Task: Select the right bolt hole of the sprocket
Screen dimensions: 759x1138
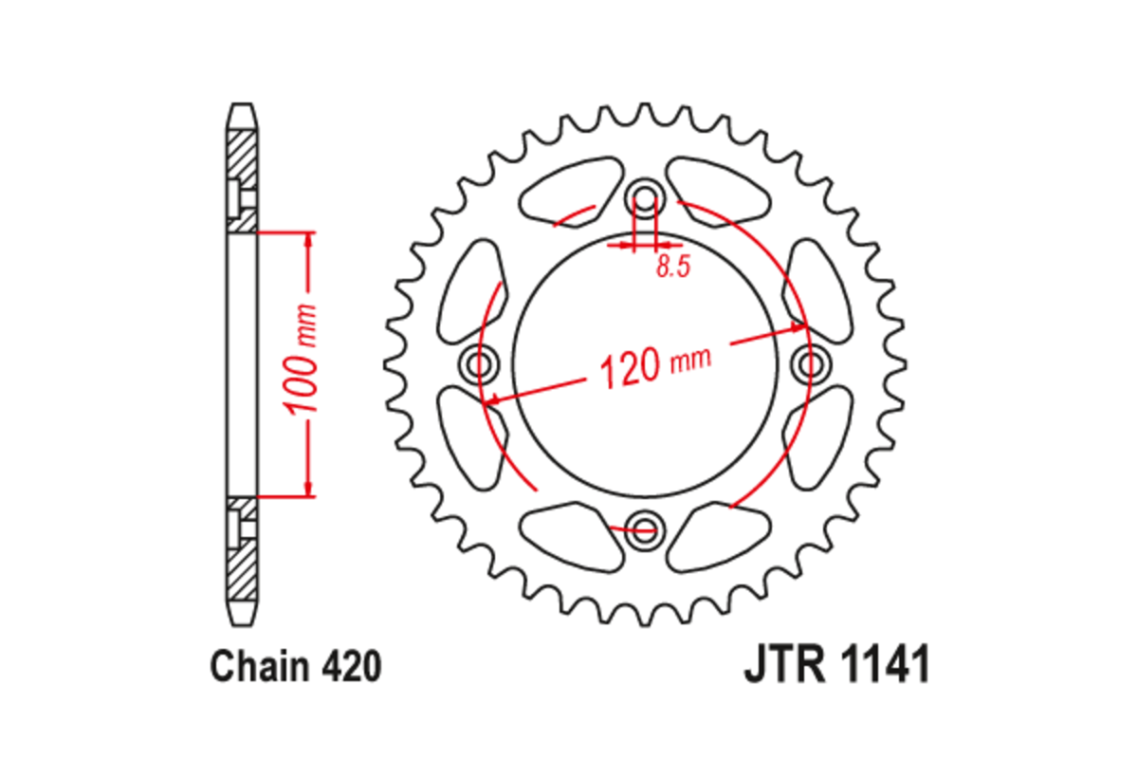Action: click(x=809, y=362)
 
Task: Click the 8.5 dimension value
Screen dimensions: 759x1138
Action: click(x=672, y=268)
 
